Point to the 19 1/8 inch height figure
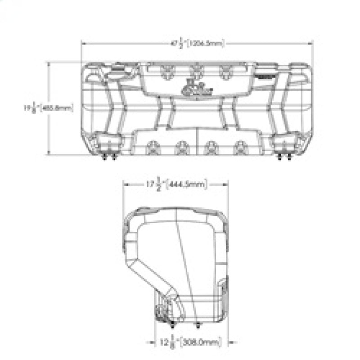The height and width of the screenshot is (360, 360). (30, 108)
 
